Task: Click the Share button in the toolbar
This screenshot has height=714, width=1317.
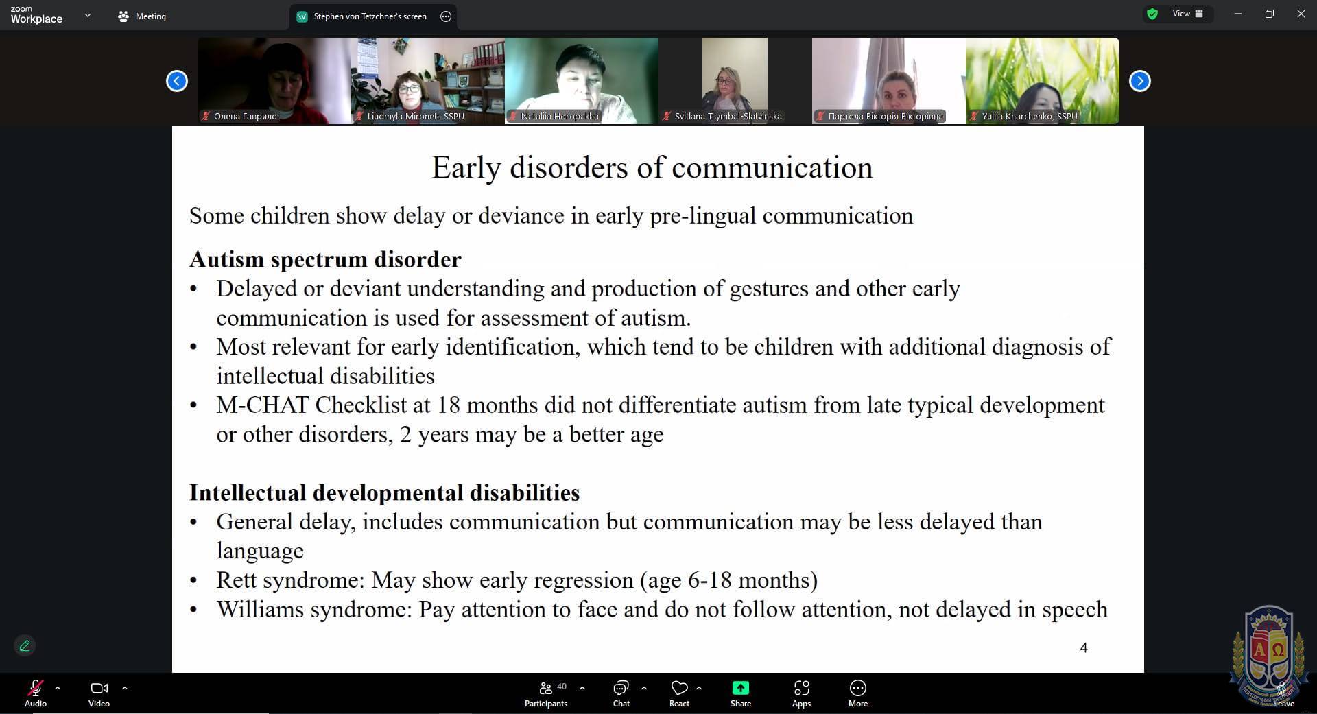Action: (741, 693)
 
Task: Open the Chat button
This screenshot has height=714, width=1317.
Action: (621, 693)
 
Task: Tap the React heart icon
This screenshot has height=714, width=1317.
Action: (679, 687)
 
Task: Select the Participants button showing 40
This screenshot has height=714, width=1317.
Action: (546, 693)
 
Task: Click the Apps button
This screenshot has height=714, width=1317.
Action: (801, 693)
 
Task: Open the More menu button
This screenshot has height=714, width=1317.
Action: (858, 693)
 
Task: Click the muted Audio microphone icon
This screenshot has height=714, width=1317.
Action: (35, 687)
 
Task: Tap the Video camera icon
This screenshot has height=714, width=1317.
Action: (99, 688)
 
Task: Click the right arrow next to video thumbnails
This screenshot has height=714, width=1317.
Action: (1139, 81)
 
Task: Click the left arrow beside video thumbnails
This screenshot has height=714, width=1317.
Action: (177, 81)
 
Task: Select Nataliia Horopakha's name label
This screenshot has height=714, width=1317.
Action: (559, 116)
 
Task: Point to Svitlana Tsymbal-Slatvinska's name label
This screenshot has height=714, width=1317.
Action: (728, 116)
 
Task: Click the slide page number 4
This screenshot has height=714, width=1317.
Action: (1084, 647)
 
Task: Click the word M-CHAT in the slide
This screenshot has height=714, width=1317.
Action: (263, 405)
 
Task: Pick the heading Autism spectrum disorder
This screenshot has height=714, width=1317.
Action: (325, 259)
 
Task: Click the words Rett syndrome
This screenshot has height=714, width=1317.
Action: (288, 580)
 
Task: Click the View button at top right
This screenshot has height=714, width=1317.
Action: (1187, 14)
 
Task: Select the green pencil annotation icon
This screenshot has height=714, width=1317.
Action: (25, 645)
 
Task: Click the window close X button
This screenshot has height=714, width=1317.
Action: (1301, 14)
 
